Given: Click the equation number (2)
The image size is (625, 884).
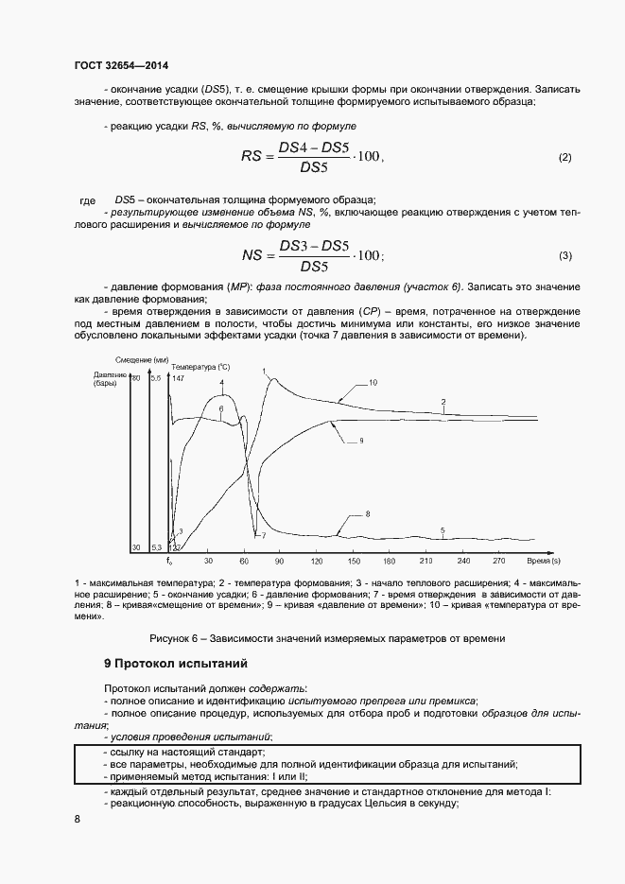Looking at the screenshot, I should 564,157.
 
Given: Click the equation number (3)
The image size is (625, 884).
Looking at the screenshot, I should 564,255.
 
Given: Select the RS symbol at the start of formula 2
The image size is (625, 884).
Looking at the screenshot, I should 252,156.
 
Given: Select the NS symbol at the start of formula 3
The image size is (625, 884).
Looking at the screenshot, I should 252,254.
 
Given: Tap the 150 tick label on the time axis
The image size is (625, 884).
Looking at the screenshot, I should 354,559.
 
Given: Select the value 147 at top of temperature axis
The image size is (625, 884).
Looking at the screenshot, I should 178,378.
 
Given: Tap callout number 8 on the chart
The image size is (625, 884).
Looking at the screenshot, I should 367,513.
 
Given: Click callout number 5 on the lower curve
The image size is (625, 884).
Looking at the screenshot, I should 443,530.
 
